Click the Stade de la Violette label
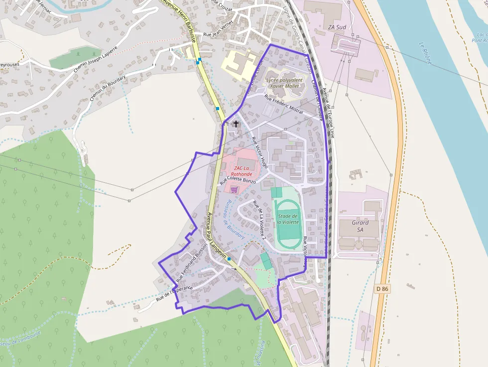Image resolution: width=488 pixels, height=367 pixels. coord(288,219)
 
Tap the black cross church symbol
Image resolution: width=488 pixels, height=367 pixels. coord(236,123)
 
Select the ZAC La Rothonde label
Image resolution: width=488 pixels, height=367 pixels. coord(241,171)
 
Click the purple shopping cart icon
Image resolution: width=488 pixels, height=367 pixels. coord(234,190)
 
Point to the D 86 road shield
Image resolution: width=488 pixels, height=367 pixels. coord(382,289)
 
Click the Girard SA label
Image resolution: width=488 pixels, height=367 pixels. coord(360,226)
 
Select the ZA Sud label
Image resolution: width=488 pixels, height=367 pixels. coord(337,27)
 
